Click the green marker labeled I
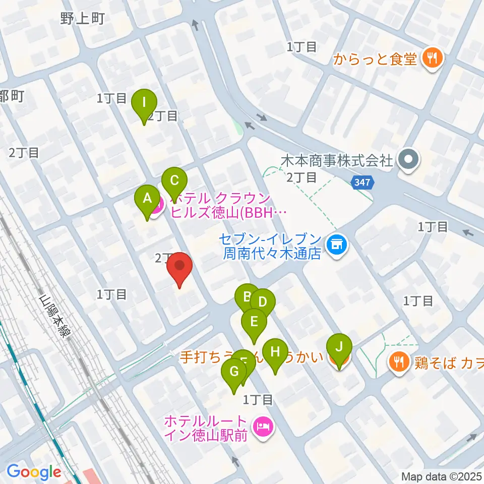pos(144,103)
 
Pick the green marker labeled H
pos(275,352)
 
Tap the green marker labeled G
pos(234,372)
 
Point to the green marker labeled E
pos(254,322)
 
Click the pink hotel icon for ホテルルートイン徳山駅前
pos(263,428)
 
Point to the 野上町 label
pos(82,19)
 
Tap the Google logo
pos(34,472)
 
